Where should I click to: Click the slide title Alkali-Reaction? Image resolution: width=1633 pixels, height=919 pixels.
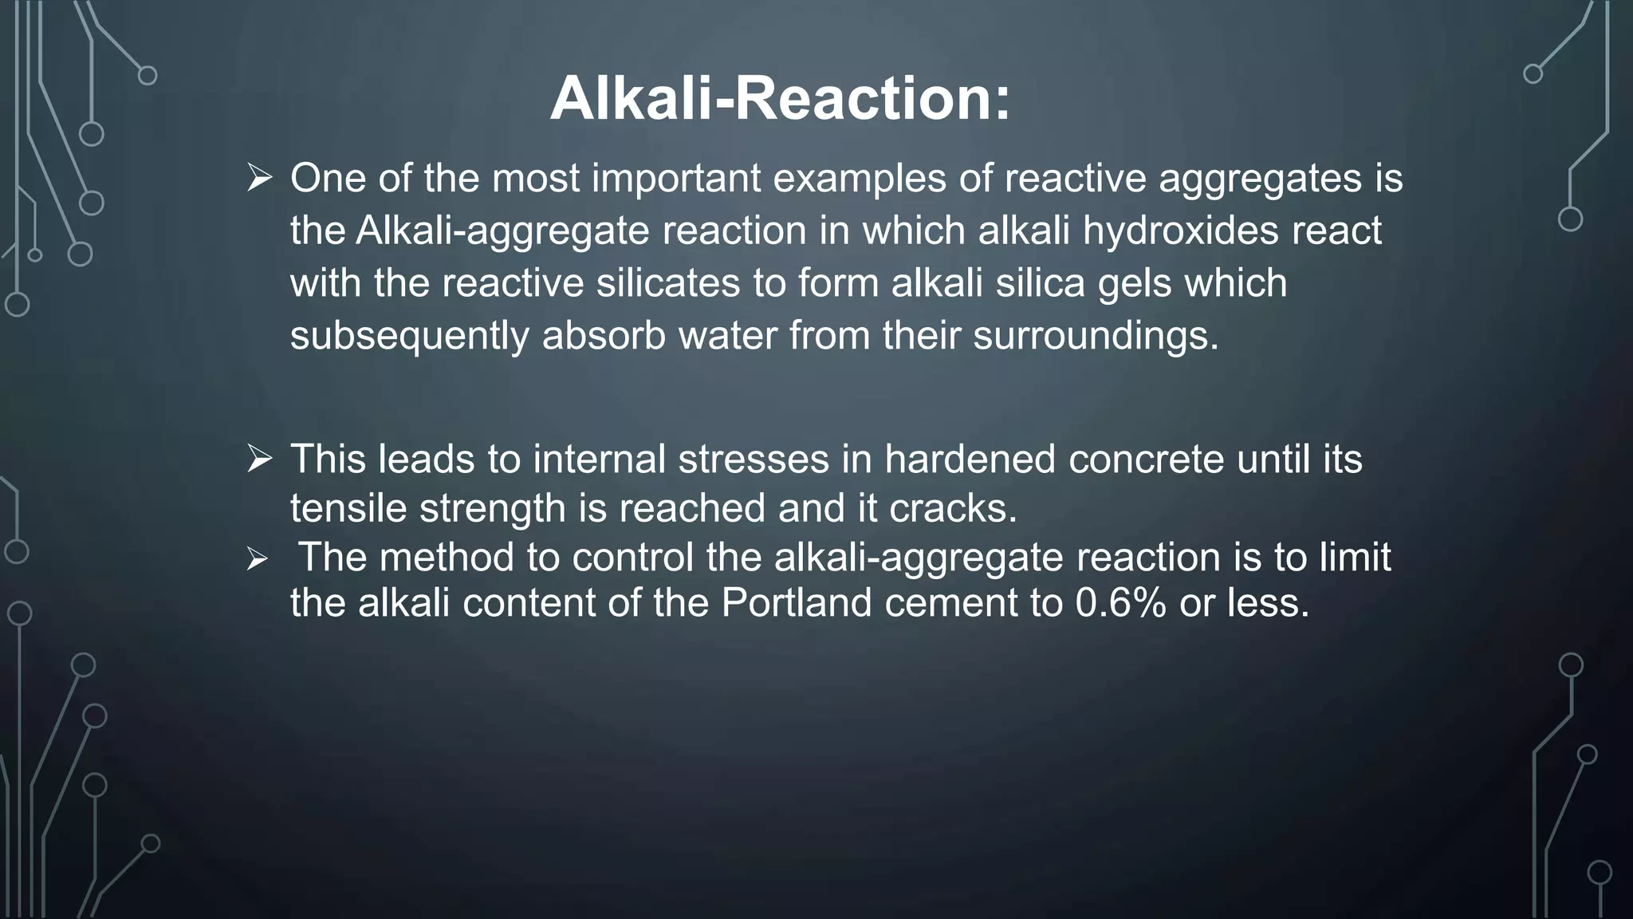coord(780,99)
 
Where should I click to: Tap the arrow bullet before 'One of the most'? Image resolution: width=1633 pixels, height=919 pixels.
coord(260,177)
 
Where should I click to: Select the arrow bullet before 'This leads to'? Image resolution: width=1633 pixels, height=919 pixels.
coord(260,459)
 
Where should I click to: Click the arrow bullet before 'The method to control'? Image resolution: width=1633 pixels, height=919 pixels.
coord(257,559)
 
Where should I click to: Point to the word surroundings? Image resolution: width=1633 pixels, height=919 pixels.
coord(1096,336)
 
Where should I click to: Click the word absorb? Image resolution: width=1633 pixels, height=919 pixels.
coord(604,336)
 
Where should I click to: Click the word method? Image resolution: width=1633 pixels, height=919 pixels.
coord(447,557)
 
